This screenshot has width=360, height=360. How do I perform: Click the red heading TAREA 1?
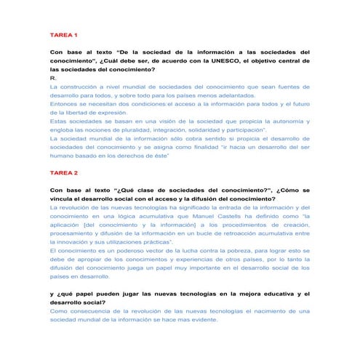pyautogui.click(x=64, y=35)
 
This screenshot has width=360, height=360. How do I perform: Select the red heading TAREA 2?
pyautogui.click(x=64, y=173)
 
